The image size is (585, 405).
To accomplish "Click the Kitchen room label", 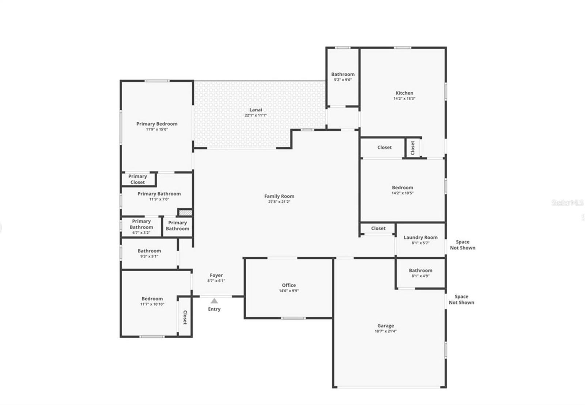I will [x=404, y=93].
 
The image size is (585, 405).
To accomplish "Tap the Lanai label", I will [x=256, y=110].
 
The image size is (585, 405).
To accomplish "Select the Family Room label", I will [x=279, y=196].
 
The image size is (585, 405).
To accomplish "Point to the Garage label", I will [x=386, y=326].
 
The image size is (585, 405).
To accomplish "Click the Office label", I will [x=289, y=285].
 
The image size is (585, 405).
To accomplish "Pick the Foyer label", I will [x=216, y=275].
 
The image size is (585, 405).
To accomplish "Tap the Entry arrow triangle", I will [x=214, y=301].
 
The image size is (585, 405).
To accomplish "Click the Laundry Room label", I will [x=420, y=237].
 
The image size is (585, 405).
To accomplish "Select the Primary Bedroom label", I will [x=157, y=124].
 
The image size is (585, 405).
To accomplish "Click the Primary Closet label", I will [x=137, y=179].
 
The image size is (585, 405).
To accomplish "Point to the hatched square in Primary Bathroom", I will [x=185, y=212].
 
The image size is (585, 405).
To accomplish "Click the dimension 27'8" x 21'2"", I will [x=279, y=202].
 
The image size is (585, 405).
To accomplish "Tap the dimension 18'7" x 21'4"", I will [x=386, y=331].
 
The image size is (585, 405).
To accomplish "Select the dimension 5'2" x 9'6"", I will [x=343, y=80].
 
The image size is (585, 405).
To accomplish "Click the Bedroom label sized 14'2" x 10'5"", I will [x=403, y=187].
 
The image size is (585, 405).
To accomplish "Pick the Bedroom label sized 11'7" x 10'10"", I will [x=152, y=299].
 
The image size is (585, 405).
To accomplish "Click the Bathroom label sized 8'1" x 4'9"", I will [x=420, y=271].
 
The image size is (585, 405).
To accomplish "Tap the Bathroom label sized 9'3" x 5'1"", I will [x=149, y=251].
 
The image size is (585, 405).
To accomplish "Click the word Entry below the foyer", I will [x=214, y=309].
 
